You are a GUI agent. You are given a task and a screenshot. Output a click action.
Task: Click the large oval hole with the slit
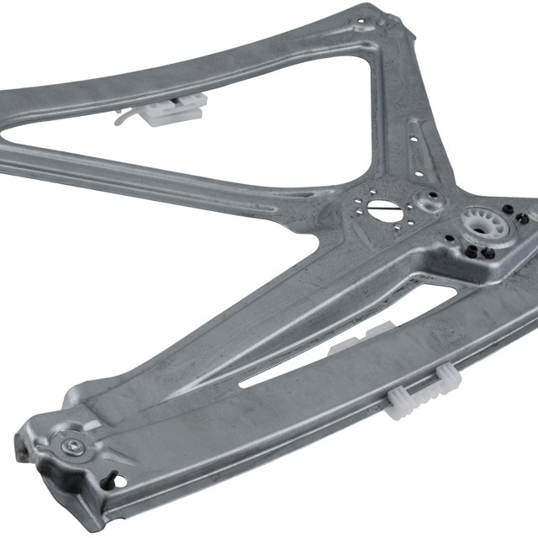pos(384,208)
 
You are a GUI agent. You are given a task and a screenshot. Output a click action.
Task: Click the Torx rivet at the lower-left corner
pos(72,446)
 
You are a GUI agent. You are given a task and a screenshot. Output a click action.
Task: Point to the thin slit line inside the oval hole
pos(384,209)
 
